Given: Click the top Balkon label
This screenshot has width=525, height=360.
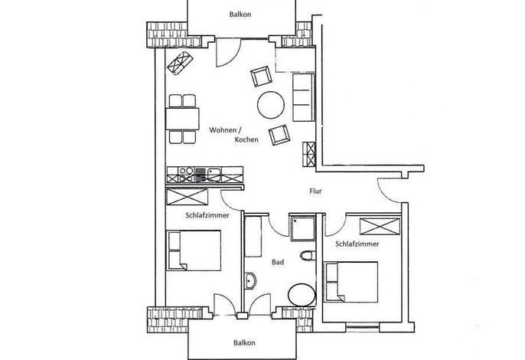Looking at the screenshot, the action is (240, 15).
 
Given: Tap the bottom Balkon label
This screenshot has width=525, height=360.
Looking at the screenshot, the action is (244, 342).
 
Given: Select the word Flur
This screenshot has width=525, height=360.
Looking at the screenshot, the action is (315, 191).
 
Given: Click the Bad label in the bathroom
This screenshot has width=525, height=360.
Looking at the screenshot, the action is (278, 262).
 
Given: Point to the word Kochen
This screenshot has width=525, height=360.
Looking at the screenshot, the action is (246, 139).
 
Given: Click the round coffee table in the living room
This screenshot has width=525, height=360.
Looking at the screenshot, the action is (271, 105).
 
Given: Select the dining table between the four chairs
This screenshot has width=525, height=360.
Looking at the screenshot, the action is (182, 119).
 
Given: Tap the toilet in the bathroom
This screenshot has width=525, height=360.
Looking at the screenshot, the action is (308, 255).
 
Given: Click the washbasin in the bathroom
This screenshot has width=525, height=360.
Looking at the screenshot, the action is (250, 280).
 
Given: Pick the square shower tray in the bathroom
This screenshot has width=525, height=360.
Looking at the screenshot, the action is (303, 228).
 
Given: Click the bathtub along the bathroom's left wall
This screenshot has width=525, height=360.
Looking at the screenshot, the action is (253, 237).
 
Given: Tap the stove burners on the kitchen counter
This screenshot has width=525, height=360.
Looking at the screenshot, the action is (186, 175).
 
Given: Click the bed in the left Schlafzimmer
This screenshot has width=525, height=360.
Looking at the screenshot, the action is (194, 250).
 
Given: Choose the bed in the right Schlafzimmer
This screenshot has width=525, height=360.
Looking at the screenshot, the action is (351, 282).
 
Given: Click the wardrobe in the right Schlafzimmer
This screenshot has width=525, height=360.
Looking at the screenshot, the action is (380, 227).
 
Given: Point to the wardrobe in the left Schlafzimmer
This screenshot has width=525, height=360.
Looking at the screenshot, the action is (187, 197).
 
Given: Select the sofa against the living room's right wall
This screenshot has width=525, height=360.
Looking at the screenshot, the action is (304, 97).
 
